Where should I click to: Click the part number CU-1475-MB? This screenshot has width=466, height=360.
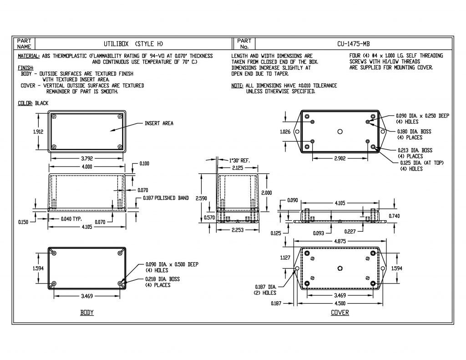(x=353, y=44)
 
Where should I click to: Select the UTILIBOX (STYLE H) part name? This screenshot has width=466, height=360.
(x=133, y=44)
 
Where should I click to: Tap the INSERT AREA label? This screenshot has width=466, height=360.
(x=159, y=123)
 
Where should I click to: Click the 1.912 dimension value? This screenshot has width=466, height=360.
(x=38, y=132)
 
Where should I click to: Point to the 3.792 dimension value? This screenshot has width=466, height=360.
(x=87, y=159)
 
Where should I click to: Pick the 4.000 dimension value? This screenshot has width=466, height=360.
(x=87, y=167)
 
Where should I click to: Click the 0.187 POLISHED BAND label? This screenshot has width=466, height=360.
(x=166, y=198)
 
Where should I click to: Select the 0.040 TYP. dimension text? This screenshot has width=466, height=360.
(x=71, y=219)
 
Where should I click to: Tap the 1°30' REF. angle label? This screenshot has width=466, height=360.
(x=239, y=161)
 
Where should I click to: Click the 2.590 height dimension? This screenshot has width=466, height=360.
(x=201, y=198)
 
